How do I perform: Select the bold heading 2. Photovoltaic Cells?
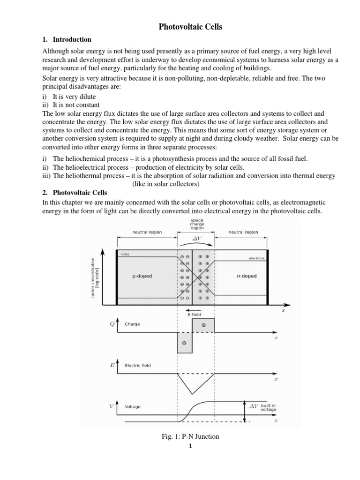tap(80, 193)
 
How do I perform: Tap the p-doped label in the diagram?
tap(142, 276)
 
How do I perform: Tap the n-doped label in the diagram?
tap(247, 276)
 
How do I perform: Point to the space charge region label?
tap(196, 224)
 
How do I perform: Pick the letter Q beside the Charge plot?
tap(112, 323)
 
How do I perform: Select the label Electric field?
tap(138, 365)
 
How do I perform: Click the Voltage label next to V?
tap(133, 407)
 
